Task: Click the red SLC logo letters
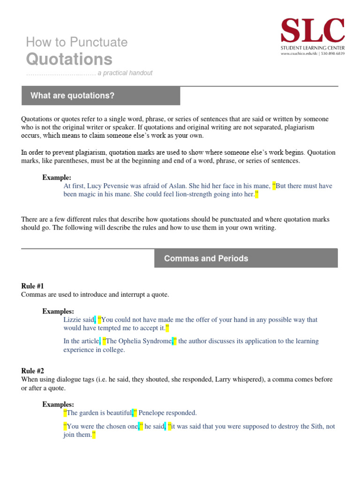pos(312,31)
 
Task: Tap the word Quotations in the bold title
pos(69,60)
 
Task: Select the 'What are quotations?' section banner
pos(101,96)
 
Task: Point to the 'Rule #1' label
pos(33,286)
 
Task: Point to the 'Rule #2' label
pos(33,371)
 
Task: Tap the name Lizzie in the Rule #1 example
pos(73,320)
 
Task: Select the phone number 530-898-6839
pos(333,54)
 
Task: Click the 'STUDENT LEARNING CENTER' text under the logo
pos(312,48)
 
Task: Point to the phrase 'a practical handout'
pos(125,73)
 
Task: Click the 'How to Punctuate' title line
pos(77,42)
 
